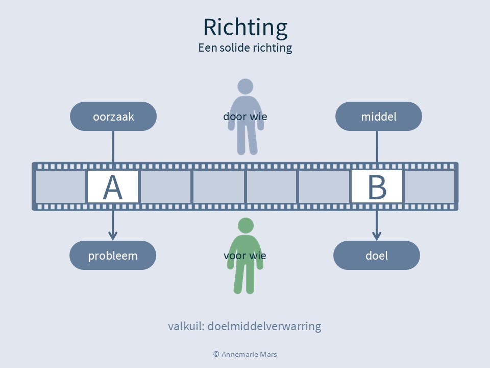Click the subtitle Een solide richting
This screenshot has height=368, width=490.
[245, 48]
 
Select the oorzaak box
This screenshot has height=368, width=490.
[113, 117]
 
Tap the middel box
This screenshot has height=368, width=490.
[378, 117]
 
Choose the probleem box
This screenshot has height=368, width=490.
[113, 256]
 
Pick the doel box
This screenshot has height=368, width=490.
[377, 256]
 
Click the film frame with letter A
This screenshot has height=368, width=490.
[113, 187]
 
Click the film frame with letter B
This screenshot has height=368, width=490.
[377, 187]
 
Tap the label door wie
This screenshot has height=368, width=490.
[245, 117]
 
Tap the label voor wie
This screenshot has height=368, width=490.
[245, 256]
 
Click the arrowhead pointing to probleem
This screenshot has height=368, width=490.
[113, 236]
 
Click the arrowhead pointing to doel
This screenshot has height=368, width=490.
[377, 236]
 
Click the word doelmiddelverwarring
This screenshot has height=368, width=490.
[264, 326]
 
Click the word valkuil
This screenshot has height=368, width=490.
[185, 326]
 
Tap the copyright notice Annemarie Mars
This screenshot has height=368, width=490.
[245, 354]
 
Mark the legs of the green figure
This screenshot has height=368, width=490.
[246, 279]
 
